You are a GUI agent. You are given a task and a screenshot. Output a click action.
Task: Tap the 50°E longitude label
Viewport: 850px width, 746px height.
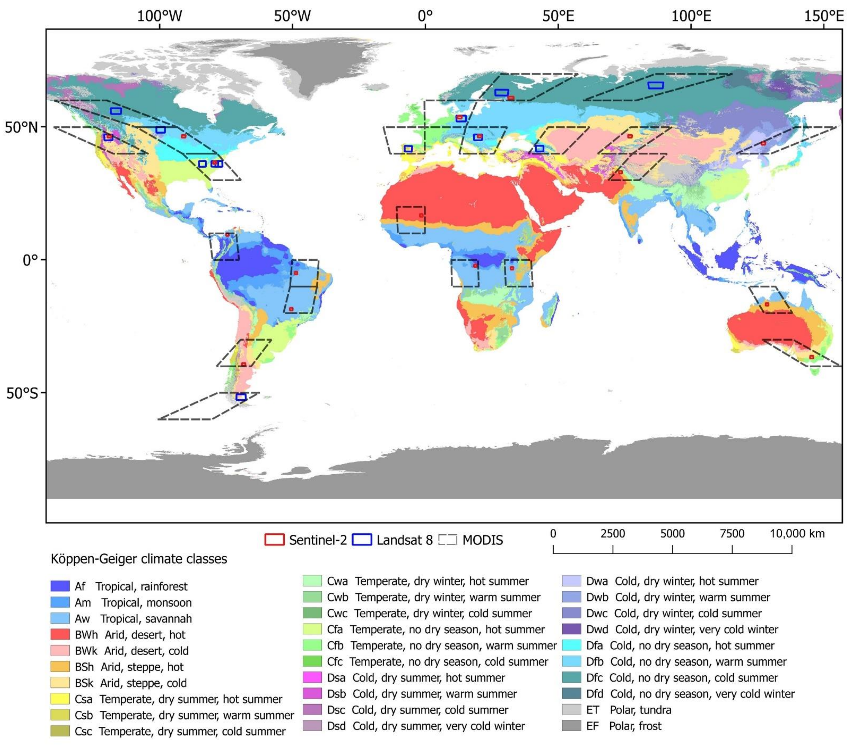click(x=558, y=16)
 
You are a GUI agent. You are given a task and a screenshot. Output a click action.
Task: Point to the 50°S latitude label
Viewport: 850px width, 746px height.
click(x=22, y=393)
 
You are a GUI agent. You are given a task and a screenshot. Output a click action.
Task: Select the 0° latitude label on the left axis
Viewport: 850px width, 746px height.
click(x=30, y=260)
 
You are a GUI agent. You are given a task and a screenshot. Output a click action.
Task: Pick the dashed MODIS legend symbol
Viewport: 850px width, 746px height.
click(x=448, y=540)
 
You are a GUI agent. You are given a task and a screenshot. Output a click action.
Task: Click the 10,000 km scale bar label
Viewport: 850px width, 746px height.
click(x=797, y=533)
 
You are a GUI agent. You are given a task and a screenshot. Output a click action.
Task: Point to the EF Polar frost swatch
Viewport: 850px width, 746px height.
click(x=571, y=726)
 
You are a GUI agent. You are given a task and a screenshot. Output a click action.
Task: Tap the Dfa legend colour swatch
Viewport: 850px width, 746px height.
click(x=571, y=645)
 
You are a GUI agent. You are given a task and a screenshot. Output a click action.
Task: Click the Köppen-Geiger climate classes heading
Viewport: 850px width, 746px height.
click(x=139, y=559)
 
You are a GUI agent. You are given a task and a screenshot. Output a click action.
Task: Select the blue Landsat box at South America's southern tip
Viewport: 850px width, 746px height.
click(x=241, y=397)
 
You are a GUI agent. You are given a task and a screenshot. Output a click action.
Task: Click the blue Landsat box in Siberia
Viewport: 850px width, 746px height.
click(x=655, y=85)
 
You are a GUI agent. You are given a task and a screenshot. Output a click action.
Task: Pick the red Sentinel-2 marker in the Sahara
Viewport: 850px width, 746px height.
click(x=421, y=215)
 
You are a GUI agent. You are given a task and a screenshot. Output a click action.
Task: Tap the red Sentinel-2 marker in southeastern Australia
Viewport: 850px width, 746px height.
click(x=811, y=357)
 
